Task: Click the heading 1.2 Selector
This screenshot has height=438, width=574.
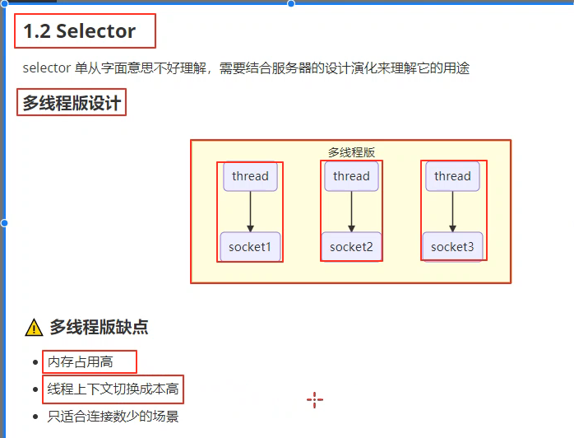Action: pyautogui.click(x=80, y=32)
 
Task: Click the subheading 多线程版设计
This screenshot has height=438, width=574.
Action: pyautogui.click(x=72, y=103)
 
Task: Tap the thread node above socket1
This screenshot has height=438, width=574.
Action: pyautogui.click(x=250, y=176)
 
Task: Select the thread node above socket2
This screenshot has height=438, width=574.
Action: pyautogui.click(x=351, y=176)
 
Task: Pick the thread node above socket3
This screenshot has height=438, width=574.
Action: pyautogui.click(x=452, y=176)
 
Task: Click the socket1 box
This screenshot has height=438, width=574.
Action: pyautogui.click(x=250, y=246)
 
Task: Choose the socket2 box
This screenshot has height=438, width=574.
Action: pyautogui.click(x=351, y=246)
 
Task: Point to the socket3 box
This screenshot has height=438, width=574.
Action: pyautogui.click(x=452, y=246)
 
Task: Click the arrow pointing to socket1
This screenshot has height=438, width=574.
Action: pyautogui.click(x=250, y=212)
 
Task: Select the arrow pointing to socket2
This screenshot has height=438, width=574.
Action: pyautogui.click(x=351, y=212)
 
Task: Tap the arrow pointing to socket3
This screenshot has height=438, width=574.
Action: pyautogui.click(x=452, y=212)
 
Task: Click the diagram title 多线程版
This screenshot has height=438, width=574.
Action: pyautogui.click(x=351, y=152)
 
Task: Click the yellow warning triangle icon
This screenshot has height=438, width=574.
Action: pyautogui.click(x=34, y=328)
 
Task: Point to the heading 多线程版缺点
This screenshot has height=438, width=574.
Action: pyautogui.click(x=99, y=327)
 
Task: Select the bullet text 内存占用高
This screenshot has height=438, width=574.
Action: pyautogui.click(x=80, y=361)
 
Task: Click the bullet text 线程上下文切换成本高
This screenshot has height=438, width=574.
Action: pyautogui.click(x=113, y=389)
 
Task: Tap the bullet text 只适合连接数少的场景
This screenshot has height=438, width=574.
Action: pyautogui.click(x=113, y=416)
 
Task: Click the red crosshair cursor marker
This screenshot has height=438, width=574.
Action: pyautogui.click(x=314, y=400)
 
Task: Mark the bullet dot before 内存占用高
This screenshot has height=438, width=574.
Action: pyautogui.click(x=35, y=362)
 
